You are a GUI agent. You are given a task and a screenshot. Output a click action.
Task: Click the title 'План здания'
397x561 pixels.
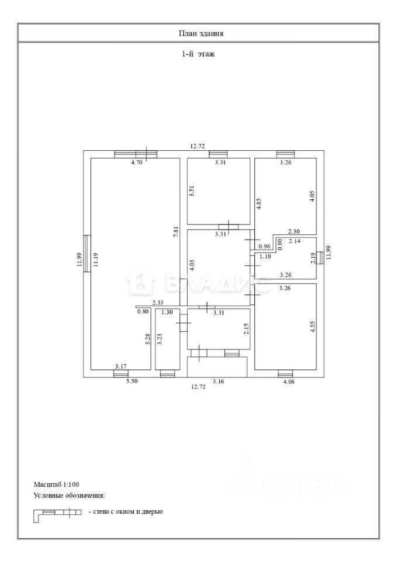tap(201, 33)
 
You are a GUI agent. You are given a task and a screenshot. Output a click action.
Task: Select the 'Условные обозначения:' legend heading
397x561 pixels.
tap(70, 496)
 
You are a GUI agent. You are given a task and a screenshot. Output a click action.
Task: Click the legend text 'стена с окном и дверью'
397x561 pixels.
tap(125, 512)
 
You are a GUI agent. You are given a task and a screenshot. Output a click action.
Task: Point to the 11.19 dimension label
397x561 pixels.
tap(94, 259)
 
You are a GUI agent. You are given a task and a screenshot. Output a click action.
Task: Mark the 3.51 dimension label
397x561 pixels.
tap(191, 193)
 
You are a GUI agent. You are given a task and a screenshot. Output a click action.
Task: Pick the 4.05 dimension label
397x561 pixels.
tap(312, 195)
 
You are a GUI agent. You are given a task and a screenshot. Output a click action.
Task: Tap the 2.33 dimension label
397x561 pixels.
tap(157, 303)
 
